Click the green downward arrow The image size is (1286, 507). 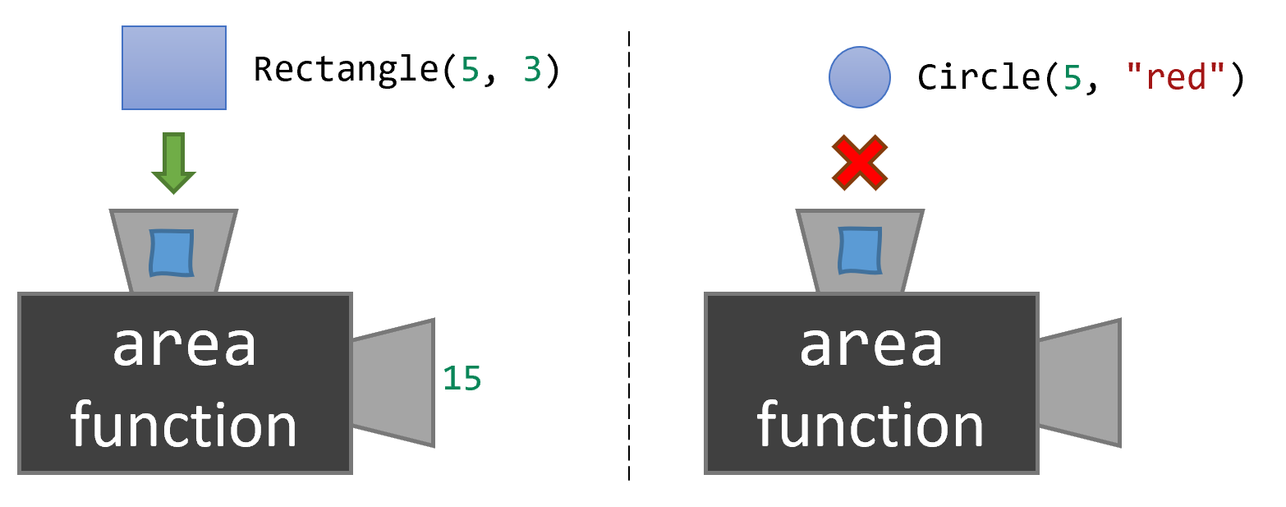(173, 163)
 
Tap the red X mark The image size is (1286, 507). (860, 163)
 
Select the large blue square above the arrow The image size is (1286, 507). (174, 67)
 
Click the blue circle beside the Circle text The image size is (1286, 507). (860, 77)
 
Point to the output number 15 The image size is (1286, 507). (462, 379)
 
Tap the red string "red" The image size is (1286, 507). (1177, 77)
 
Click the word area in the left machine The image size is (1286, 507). (185, 348)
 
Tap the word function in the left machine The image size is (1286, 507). (184, 425)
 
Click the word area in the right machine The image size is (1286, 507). (871, 348)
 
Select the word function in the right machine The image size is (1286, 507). (870, 425)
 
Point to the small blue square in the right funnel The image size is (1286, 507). (859, 251)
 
